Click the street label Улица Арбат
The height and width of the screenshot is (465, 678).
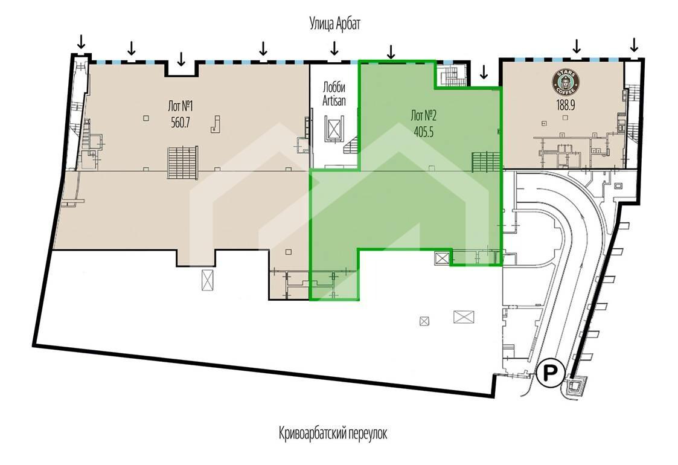pos(334,24)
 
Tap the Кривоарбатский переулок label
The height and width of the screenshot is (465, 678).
pos(333,433)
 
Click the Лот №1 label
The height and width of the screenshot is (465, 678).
pos(181,106)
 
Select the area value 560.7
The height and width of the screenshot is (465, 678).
pos(181,123)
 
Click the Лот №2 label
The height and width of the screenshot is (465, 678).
pos(423,115)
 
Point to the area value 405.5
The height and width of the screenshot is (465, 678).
pos(423,132)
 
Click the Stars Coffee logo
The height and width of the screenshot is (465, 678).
pos(566,83)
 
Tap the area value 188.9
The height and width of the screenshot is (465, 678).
pos(566,105)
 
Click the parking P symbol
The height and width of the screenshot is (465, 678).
pos(549,372)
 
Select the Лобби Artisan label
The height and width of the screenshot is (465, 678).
pos(334,94)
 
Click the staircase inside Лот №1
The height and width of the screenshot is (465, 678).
pos(183,162)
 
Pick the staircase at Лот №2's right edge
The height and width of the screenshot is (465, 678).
pos(485,162)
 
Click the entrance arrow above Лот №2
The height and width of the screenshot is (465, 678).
pos(391,51)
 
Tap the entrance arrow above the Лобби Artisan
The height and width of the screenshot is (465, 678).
pos(334,48)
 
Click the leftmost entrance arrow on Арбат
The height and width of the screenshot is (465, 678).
pos(81,42)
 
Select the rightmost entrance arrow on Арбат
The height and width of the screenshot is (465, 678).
pos(635,44)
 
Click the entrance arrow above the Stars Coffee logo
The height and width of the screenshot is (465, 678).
pos(576,45)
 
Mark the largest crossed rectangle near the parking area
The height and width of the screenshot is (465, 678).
pos(464,316)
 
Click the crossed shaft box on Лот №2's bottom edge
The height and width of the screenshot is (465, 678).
pos(443,258)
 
